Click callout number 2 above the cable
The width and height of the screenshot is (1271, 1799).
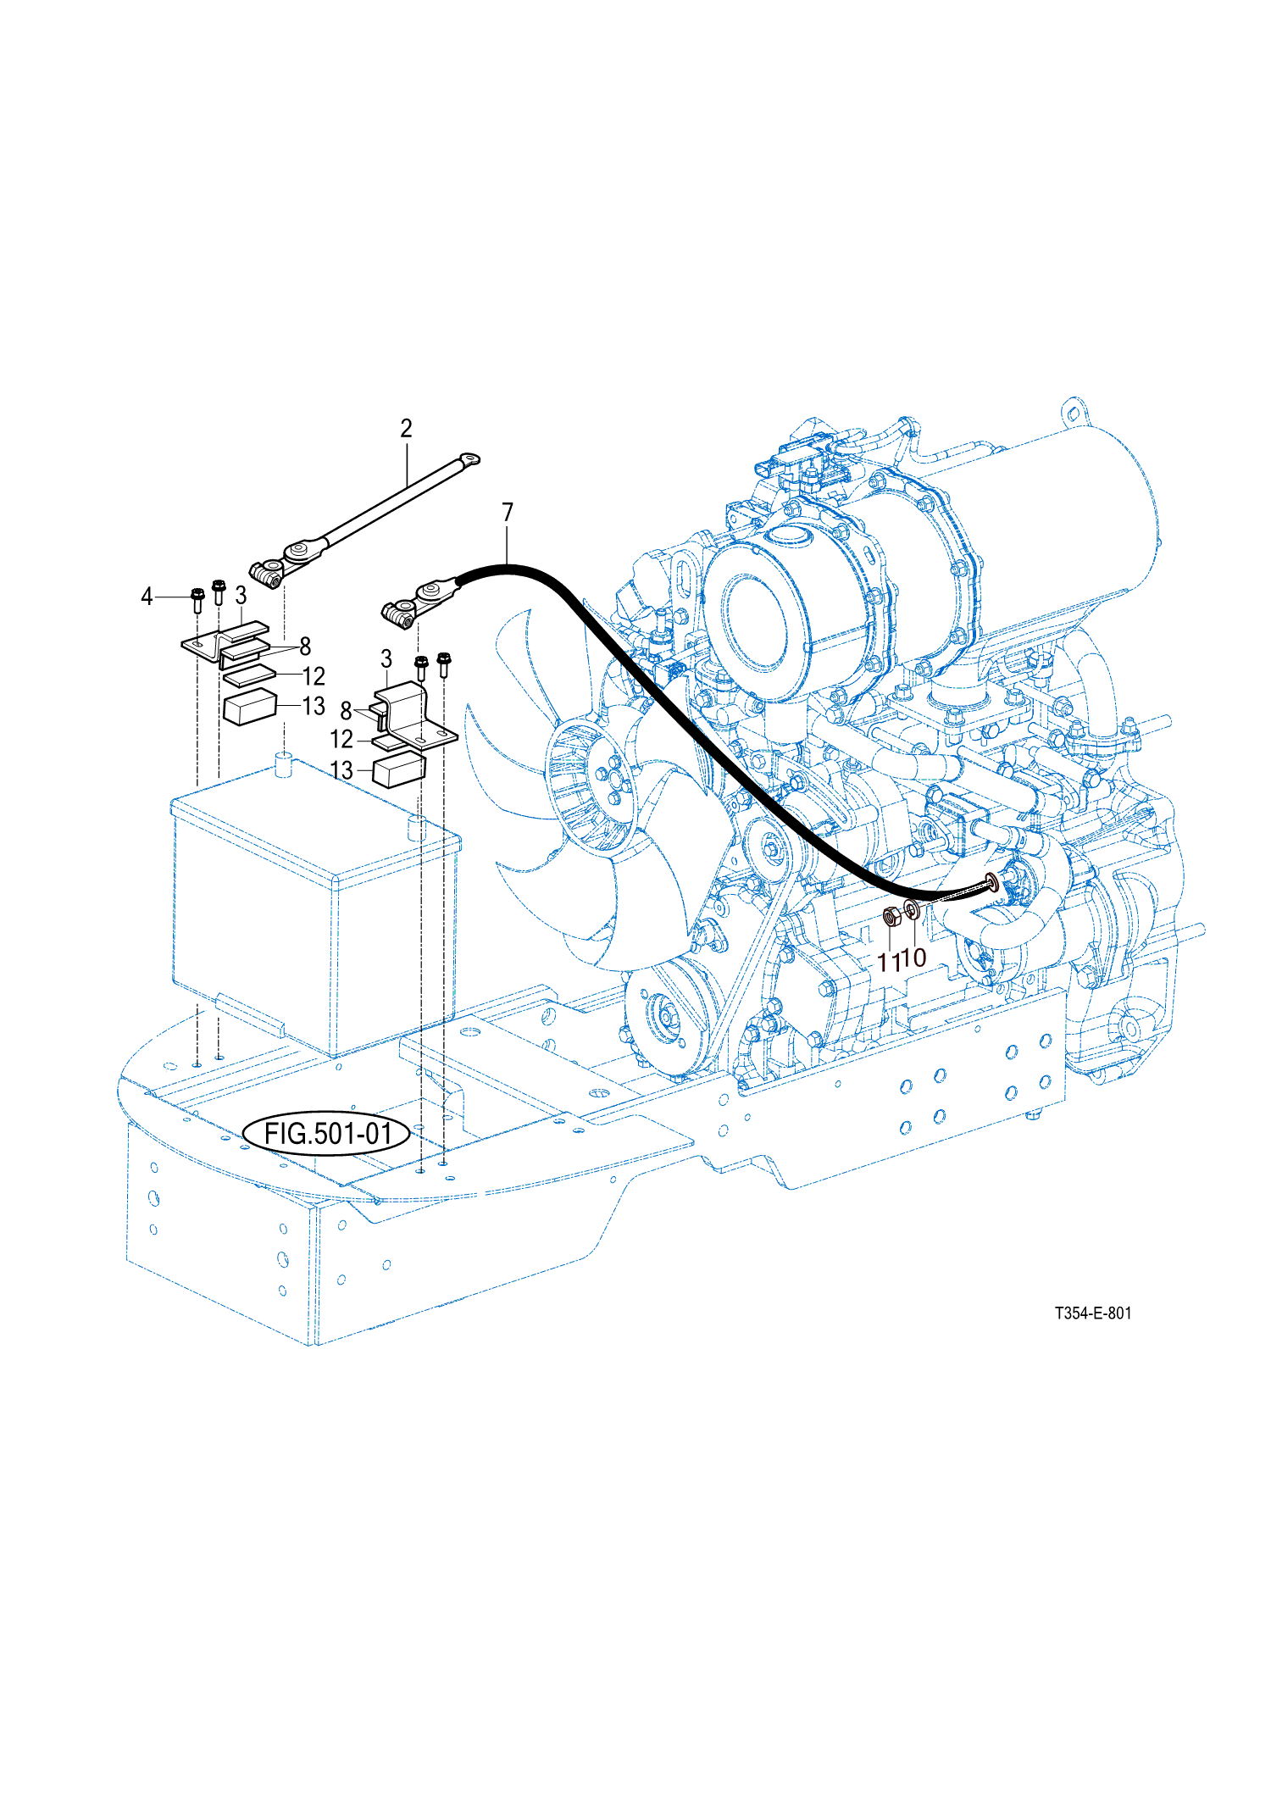(x=406, y=429)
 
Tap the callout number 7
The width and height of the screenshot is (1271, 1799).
(x=508, y=513)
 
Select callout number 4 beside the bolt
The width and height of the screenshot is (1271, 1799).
(x=147, y=597)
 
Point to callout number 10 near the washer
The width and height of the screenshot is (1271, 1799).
(x=915, y=958)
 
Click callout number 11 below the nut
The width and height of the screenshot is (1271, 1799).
(x=888, y=963)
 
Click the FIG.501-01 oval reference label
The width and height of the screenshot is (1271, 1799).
(x=328, y=1133)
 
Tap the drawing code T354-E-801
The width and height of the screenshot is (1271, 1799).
(x=1092, y=1313)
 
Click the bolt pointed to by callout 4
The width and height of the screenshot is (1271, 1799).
(x=197, y=599)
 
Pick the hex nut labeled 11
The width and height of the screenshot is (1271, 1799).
(x=891, y=917)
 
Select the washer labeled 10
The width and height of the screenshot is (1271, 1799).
(x=912, y=911)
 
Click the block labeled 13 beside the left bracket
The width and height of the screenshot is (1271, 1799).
(x=249, y=708)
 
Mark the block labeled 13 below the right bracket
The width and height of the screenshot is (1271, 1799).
(x=399, y=770)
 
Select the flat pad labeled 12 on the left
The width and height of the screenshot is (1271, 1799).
(x=249, y=676)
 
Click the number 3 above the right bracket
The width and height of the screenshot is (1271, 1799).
(x=386, y=659)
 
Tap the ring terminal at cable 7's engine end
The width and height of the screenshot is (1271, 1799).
(x=991, y=885)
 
